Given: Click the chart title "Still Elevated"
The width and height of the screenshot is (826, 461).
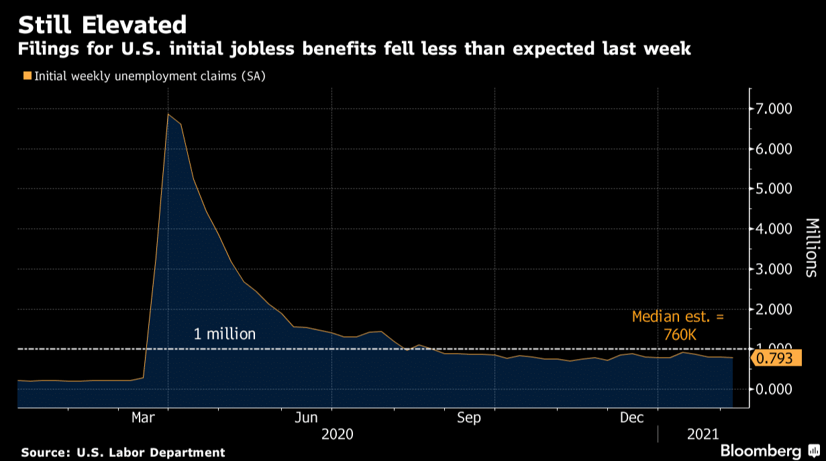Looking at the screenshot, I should point(102,25).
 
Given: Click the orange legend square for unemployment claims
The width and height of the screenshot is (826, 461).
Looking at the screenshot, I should point(27,76).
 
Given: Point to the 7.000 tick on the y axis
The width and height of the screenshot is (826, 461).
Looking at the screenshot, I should point(774,109).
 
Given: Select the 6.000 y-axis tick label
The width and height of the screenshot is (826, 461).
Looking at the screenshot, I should point(774,149).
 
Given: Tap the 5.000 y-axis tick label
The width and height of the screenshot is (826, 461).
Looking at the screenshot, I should point(774,189).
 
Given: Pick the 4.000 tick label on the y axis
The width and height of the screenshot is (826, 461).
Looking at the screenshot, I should point(774,229).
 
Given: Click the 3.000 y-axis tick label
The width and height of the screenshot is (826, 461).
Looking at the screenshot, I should point(774,269).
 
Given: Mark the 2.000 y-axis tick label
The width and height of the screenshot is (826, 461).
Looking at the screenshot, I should point(774,309).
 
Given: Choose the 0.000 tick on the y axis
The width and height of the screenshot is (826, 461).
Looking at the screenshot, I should point(774,389).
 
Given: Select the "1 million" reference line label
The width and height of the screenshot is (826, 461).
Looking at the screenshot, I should point(225,334).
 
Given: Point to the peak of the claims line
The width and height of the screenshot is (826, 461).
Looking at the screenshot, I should point(168,114).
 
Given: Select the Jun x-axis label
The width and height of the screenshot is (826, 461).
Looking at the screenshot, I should point(307,418).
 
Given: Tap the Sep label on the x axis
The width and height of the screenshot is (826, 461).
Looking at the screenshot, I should point(469,418).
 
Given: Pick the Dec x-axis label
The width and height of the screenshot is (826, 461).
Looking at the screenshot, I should point(633,418).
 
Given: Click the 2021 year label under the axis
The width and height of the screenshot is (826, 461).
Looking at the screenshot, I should point(705,435).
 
